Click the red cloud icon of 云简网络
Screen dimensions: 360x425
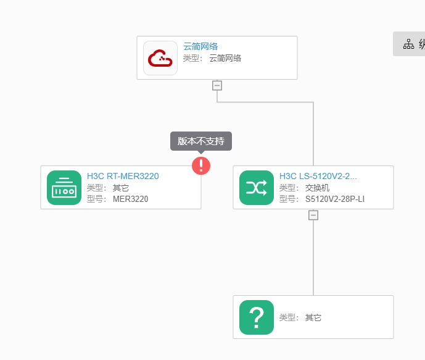click(x=160, y=58)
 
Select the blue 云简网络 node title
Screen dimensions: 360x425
click(x=200, y=46)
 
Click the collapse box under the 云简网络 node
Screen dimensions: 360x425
click(x=217, y=85)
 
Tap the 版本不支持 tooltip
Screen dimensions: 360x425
click(x=201, y=141)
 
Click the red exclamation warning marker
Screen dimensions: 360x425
click(x=201, y=165)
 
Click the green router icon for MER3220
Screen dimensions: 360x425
click(x=64, y=188)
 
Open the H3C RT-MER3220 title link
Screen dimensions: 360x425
click(x=123, y=176)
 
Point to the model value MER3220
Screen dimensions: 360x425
click(x=131, y=199)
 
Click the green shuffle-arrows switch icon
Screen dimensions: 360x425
click(x=257, y=188)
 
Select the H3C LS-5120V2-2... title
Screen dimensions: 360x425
click(x=318, y=176)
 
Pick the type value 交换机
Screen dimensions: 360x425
click(x=318, y=188)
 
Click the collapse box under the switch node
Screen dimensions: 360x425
click(x=313, y=215)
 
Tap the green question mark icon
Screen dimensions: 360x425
click(x=257, y=317)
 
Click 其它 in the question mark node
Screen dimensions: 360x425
click(x=313, y=317)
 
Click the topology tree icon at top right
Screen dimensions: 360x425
click(x=408, y=44)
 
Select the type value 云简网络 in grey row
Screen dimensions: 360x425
click(x=225, y=58)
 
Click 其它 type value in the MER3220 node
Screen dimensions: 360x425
click(x=121, y=188)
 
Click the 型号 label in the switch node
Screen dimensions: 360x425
click(x=288, y=199)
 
